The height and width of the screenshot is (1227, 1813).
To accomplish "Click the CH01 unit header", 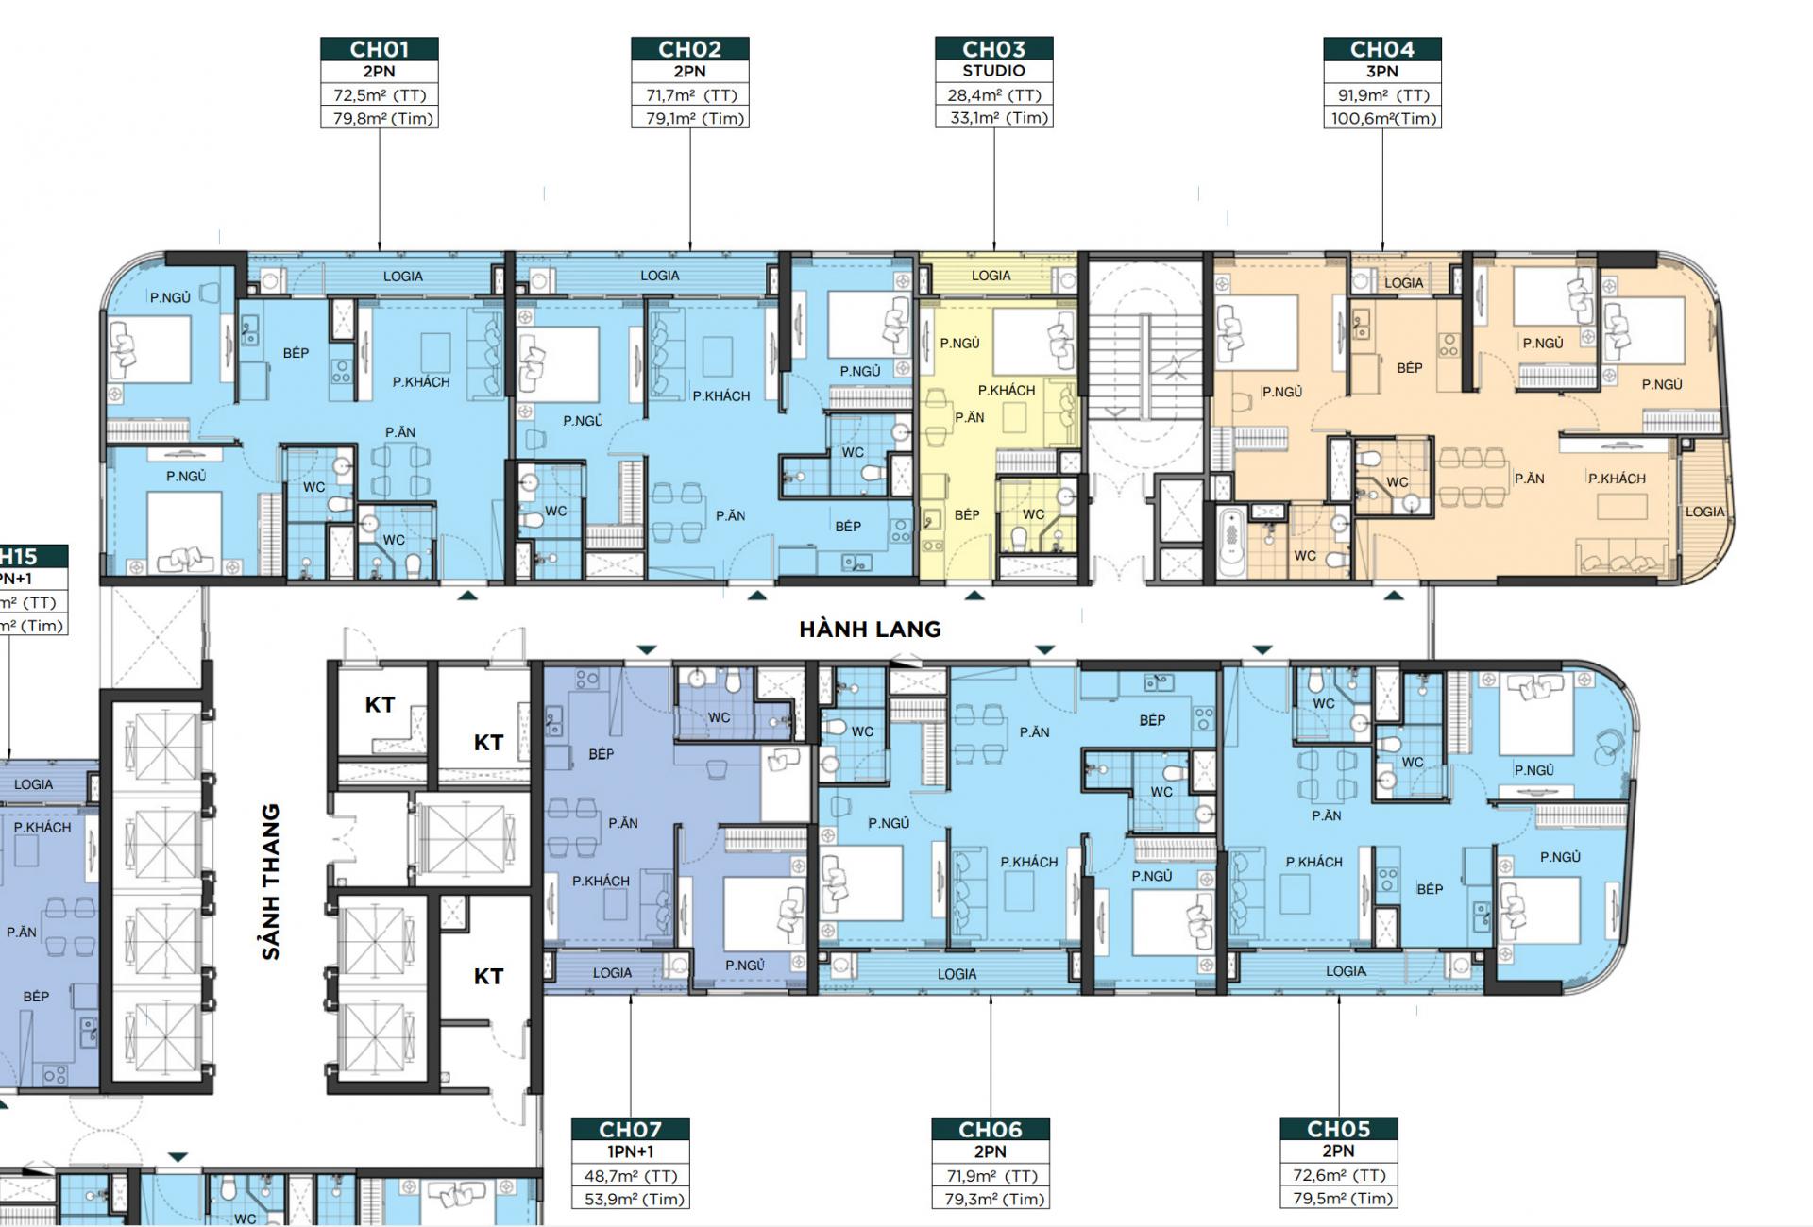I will point(379,49).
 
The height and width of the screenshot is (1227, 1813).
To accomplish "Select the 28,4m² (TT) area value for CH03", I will point(993,95).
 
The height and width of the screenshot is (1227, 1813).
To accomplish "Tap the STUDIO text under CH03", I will point(993,71).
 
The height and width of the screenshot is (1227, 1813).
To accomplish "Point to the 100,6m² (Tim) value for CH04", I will point(1382,118).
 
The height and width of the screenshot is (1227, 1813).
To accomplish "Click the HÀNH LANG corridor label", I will point(870,629).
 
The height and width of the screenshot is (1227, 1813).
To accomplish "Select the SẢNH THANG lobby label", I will point(272,882).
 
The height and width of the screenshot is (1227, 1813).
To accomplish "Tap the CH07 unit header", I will point(630,1130).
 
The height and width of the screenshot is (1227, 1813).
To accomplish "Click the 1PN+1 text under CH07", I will point(630,1151).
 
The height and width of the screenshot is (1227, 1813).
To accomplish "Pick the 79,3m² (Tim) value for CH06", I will point(990,1200).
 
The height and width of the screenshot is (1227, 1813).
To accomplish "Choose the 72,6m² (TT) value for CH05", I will point(1338,1176).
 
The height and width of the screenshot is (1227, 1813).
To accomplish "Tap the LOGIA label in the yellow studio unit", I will point(991,276).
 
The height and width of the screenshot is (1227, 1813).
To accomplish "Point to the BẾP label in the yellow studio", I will point(967,515).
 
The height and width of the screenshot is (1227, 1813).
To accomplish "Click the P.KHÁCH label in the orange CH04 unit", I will point(1617,479).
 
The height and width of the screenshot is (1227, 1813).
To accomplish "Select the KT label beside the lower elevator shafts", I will point(487,976).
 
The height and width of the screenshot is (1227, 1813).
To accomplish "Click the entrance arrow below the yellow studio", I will point(974,596).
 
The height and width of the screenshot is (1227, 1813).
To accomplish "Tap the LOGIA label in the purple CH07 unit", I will point(612,972).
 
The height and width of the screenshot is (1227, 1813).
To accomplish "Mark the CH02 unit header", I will point(689,49).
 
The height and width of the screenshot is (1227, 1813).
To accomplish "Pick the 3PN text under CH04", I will point(1381,71).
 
